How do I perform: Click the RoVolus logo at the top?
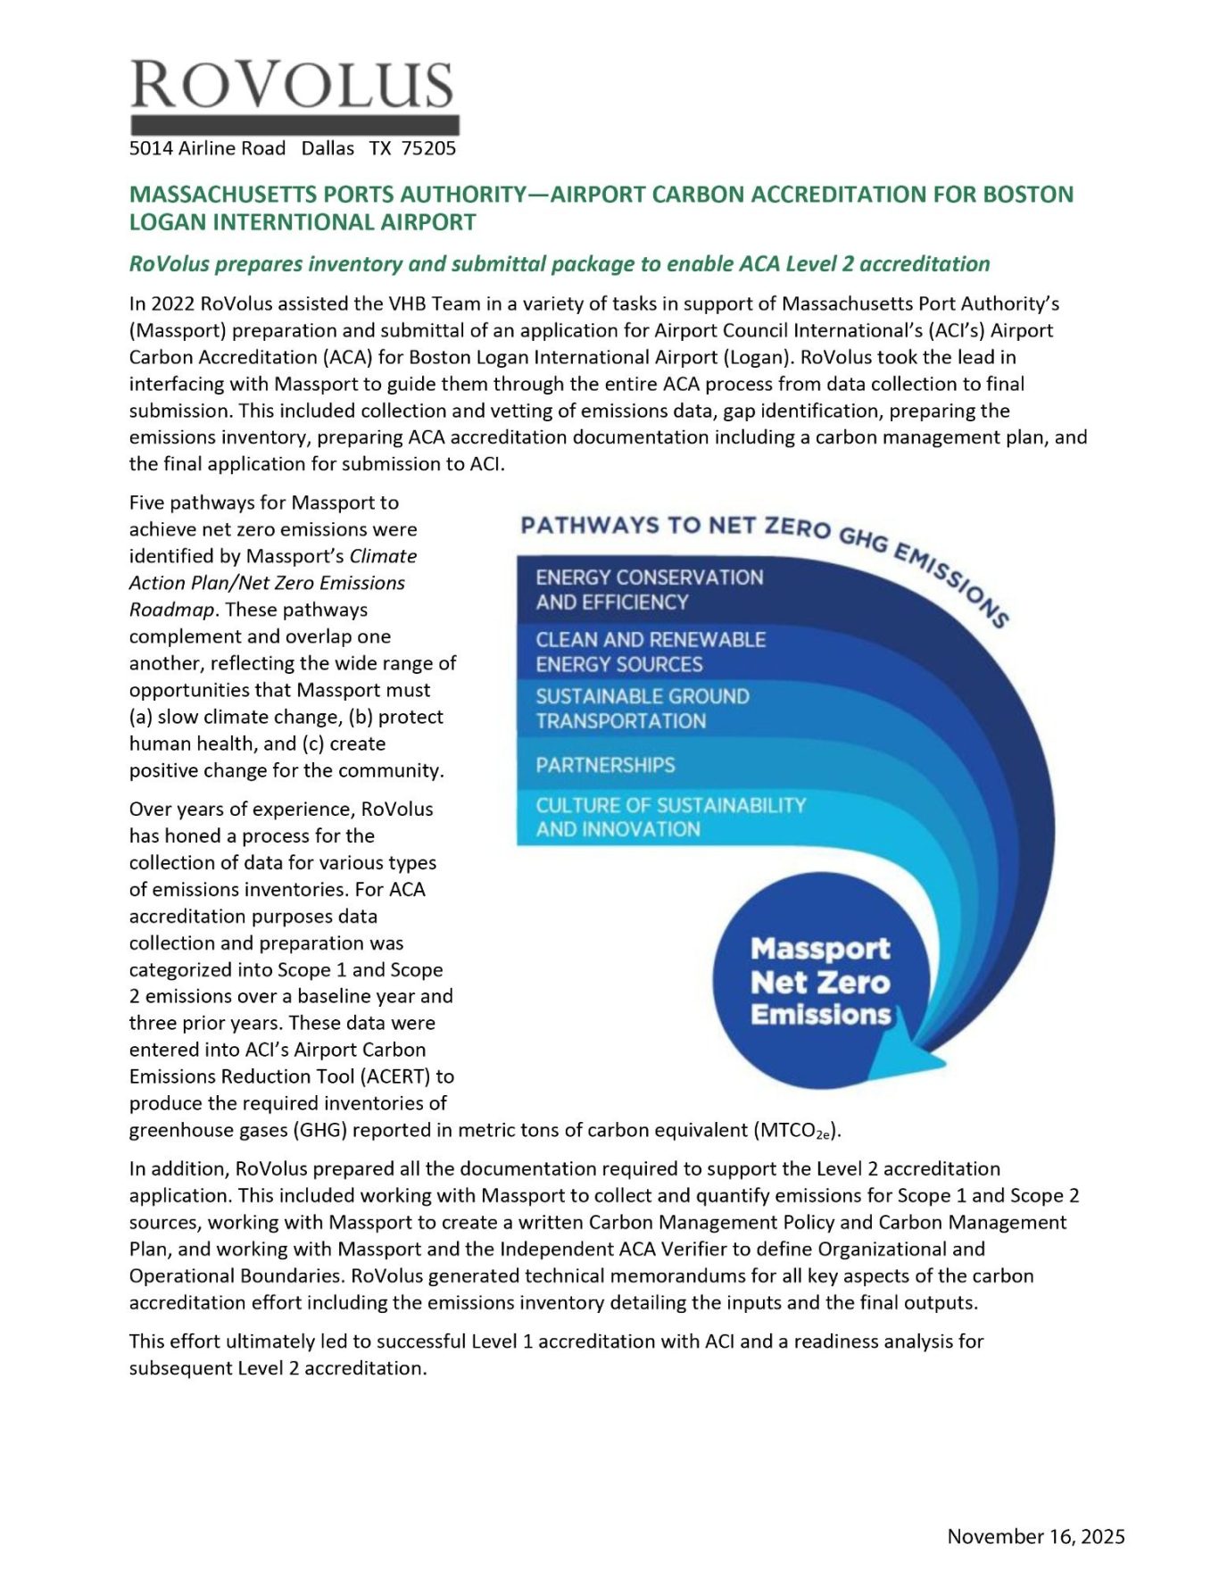(293, 86)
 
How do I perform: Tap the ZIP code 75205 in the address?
(428, 148)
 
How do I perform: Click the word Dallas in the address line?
(328, 148)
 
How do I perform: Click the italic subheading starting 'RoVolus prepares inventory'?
(560, 264)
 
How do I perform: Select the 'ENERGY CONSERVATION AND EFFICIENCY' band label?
(649, 590)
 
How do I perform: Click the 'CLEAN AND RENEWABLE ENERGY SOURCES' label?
(650, 652)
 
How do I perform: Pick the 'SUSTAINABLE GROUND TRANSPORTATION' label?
(642, 709)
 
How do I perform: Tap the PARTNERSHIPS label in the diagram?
(605, 765)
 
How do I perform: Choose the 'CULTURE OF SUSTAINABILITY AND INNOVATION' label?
(669, 817)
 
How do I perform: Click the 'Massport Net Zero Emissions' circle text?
(820, 981)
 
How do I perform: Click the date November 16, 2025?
(1035, 1536)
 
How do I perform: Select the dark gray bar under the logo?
(294, 125)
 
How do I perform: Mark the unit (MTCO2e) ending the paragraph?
(798, 1131)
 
